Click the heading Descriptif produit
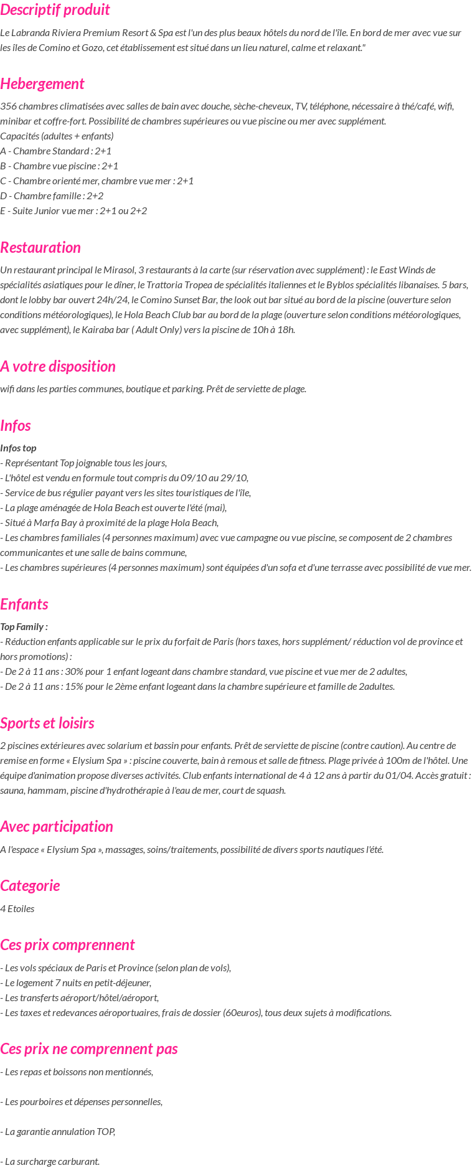55,10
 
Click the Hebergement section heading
42,84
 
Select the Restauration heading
40,248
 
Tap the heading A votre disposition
58,367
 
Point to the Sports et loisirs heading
47,723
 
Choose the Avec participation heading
57,827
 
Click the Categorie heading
30,886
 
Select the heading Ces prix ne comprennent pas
89,1049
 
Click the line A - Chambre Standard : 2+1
56,151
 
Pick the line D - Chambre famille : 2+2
52,196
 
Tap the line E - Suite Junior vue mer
73,211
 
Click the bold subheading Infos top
19,448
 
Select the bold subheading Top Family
24,627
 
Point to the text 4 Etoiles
17,909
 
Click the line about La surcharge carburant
50,1161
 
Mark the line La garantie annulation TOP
58,1131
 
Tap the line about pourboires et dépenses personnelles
82,1101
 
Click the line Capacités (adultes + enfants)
57,136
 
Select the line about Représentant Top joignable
83,463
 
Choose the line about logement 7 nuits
76,982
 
